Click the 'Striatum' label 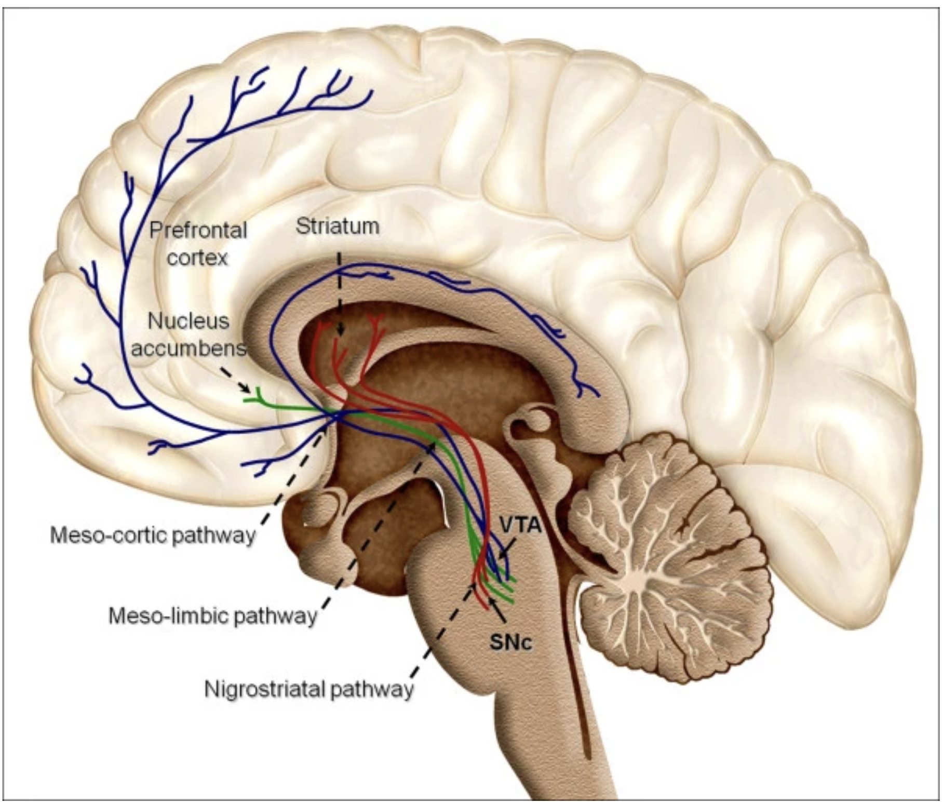coord(338,226)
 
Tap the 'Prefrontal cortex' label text coord(198,244)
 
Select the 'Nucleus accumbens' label coord(189,334)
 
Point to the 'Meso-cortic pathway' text coord(153,534)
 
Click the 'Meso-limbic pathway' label coord(212,616)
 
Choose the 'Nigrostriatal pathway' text coord(309,690)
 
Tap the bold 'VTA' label coord(520,526)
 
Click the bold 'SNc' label coord(511,643)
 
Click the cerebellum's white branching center coord(636,579)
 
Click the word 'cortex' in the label coord(197,258)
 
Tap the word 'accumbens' coord(189,347)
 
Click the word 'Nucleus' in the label coord(189,322)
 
